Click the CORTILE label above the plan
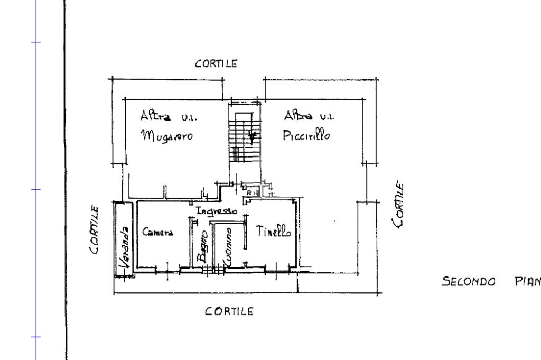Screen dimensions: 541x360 point(216,63)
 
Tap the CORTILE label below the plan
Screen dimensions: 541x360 point(229,311)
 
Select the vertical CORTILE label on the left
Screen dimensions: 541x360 point(94,229)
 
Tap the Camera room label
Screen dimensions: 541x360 point(157,232)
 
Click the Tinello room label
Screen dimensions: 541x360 point(274,230)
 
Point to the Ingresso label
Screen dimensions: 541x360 point(216,210)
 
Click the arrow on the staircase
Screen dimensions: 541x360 point(253,137)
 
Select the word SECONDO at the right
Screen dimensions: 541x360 point(469,281)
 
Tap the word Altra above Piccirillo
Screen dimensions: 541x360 point(298,115)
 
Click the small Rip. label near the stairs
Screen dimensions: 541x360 point(252,193)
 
